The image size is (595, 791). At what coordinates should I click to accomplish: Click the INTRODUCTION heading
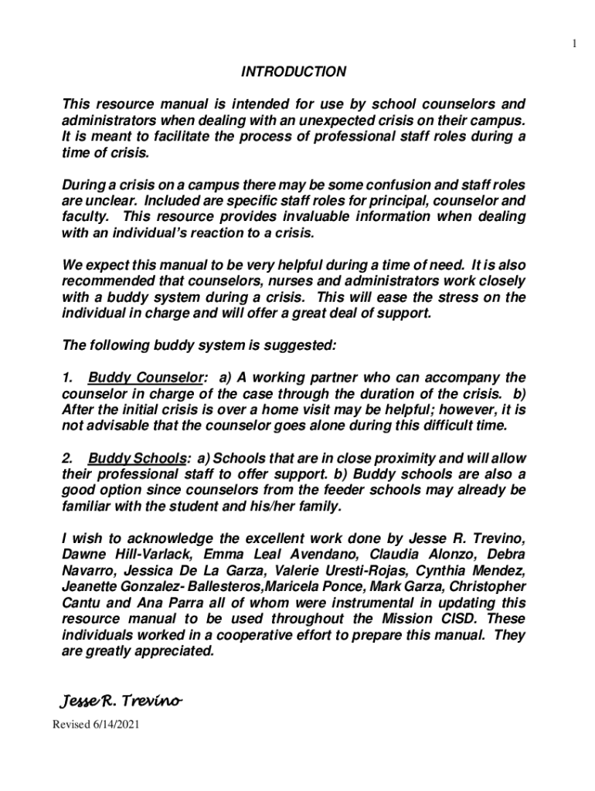tap(294, 72)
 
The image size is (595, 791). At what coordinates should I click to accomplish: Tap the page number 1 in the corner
tap(574, 43)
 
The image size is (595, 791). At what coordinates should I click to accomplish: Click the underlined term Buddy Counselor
tap(147, 378)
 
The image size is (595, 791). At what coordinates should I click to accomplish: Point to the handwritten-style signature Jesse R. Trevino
tap(121, 701)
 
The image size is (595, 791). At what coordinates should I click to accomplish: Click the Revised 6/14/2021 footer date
tap(96, 725)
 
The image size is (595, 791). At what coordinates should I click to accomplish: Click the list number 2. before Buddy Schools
tap(67, 457)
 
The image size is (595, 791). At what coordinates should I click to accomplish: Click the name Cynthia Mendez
tap(471, 571)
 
